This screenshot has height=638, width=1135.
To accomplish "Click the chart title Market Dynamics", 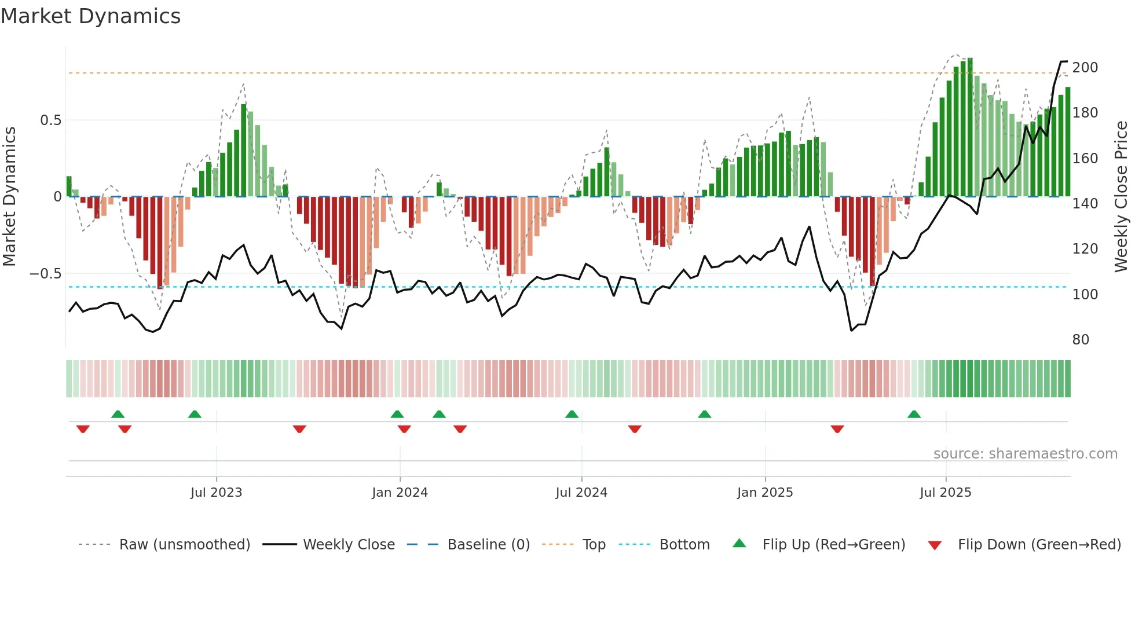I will click(x=90, y=16).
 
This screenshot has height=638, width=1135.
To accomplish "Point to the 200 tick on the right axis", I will click(x=1085, y=68).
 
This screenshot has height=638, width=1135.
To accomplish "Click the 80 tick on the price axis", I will click(x=1080, y=340).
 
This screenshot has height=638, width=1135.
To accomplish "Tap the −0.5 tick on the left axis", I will click(x=45, y=273).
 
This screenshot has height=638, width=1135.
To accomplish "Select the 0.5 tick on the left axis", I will click(x=50, y=120).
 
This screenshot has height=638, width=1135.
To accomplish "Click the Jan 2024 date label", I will click(x=400, y=493).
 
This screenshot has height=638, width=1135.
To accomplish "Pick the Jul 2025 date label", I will click(x=945, y=493).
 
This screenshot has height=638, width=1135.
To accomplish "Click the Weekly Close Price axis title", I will click(x=1121, y=197).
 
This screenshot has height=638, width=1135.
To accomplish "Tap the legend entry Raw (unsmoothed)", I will click(x=184, y=545).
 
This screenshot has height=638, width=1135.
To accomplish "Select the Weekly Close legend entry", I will click(x=349, y=545).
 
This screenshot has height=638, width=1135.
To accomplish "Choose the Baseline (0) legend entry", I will click(x=488, y=545).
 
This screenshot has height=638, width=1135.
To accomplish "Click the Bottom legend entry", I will click(x=684, y=545).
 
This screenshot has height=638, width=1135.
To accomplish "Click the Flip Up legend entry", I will click(x=833, y=545).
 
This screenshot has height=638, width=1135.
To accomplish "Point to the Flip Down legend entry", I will click(x=1039, y=545).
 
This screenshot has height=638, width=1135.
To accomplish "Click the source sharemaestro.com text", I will click(x=1025, y=454).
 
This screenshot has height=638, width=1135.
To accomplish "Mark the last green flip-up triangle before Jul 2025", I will click(x=914, y=415).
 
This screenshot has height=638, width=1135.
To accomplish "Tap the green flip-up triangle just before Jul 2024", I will click(x=572, y=415).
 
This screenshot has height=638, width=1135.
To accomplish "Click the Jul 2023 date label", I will click(x=216, y=493).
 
